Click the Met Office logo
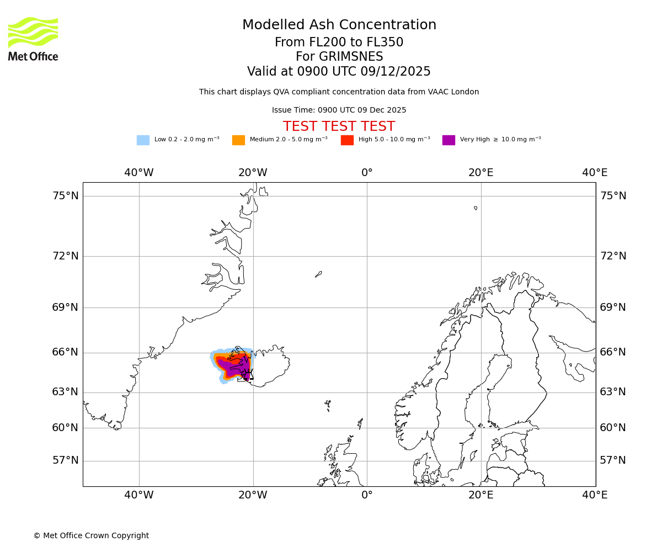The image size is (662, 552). [x=33, y=39]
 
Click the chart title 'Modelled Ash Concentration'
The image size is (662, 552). [x=339, y=25]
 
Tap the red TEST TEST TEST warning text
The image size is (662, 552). [x=339, y=127]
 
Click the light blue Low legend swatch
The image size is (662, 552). [x=143, y=140]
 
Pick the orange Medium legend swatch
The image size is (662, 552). [x=238, y=140]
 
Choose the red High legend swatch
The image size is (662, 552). [x=347, y=140]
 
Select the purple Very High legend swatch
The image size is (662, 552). [x=449, y=140]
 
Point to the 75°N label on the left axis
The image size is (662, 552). [x=65, y=196]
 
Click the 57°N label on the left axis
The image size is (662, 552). [x=65, y=460]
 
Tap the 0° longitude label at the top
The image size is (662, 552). [x=367, y=173]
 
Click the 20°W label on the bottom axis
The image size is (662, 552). [x=253, y=495]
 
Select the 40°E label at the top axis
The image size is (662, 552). [x=595, y=173]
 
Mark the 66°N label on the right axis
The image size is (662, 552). [x=613, y=352]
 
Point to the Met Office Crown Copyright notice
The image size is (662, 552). [x=91, y=535]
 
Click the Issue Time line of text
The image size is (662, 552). [x=339, y=110]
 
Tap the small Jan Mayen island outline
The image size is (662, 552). [x=318, y=274]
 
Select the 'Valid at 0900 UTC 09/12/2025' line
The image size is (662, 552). [x=339, y=72]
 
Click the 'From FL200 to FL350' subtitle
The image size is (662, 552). [x=339, y=43]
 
